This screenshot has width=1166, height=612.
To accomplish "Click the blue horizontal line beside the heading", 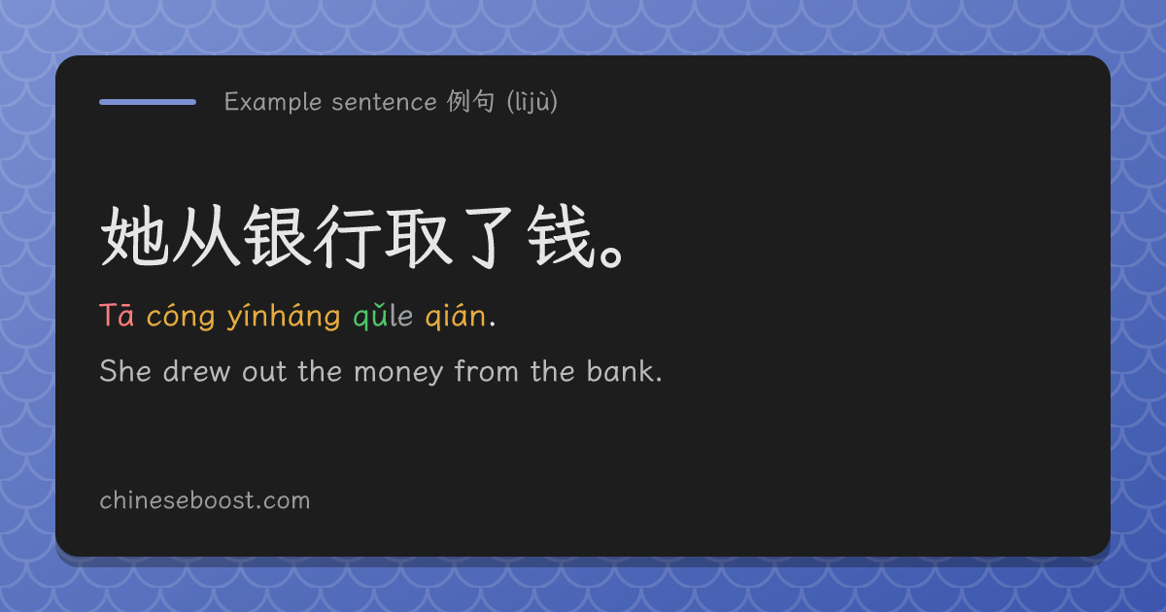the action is pyautogui.click(x=148, y=102).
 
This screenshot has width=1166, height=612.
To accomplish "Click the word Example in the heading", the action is pyautogui.click(x=273, y=102).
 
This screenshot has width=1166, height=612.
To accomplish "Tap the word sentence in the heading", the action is pyautogui.click(x=384, y=102).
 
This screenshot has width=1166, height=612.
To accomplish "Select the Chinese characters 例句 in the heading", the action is pyautogui.click(x=470, y=101).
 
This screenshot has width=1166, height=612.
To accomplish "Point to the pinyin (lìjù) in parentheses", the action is pyautogui.click(x=532, y=101).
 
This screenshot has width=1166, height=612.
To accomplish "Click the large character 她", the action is pyautogui.click(x=135, y=236).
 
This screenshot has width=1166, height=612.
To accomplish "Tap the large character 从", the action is pyautogui.click(x=206, y=236).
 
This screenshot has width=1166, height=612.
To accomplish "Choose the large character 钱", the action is pyautogui.click(x=562, y=236).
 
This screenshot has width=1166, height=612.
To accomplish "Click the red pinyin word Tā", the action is pyautogui.click(x=117, y=316).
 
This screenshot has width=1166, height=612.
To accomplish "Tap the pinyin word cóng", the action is pyautogui.click(x=181, y=316).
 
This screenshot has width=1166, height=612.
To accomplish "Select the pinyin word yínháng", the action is pyautogui.click(x=284, y=316).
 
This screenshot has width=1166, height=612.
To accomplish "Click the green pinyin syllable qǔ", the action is pyautogui.click(x=370, y=316).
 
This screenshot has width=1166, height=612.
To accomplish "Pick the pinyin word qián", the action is pyautogui.click(x=456, y=316).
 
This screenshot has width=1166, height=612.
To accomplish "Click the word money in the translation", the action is pyautogui.click(x=398, y=372).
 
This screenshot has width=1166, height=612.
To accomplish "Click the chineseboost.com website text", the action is pyautogui.click(x=205, y=500).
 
